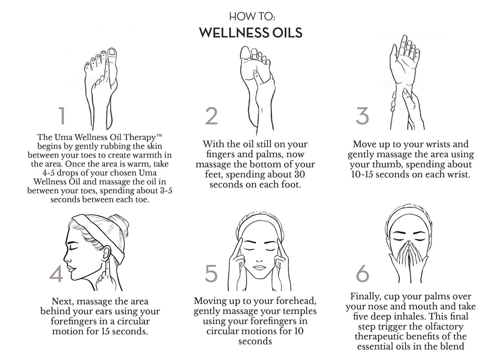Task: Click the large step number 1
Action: pos(63,116)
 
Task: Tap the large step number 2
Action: pos(212,116)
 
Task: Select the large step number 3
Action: pos(362,116)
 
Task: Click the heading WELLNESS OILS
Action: pos(251,33)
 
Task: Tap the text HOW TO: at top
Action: pos(252,16)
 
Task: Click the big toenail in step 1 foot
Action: pos(112,52)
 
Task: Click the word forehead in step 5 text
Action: pos(296,301)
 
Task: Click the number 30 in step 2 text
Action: pos(299,174)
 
